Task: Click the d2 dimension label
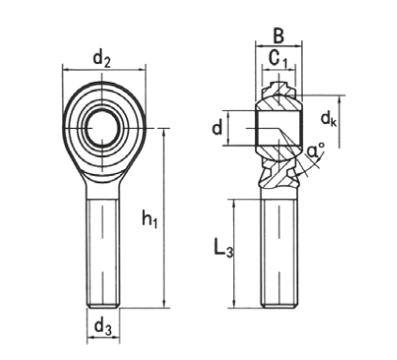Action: tap(103, 59)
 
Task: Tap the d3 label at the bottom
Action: tap(103, 328)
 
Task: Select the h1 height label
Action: tap(150, 218)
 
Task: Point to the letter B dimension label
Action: tap(278, 36)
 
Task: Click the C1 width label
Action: tap(278, 59)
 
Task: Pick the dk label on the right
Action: tap(328, 119)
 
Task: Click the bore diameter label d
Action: tap(217, 128)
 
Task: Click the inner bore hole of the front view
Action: tap(103, 128)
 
